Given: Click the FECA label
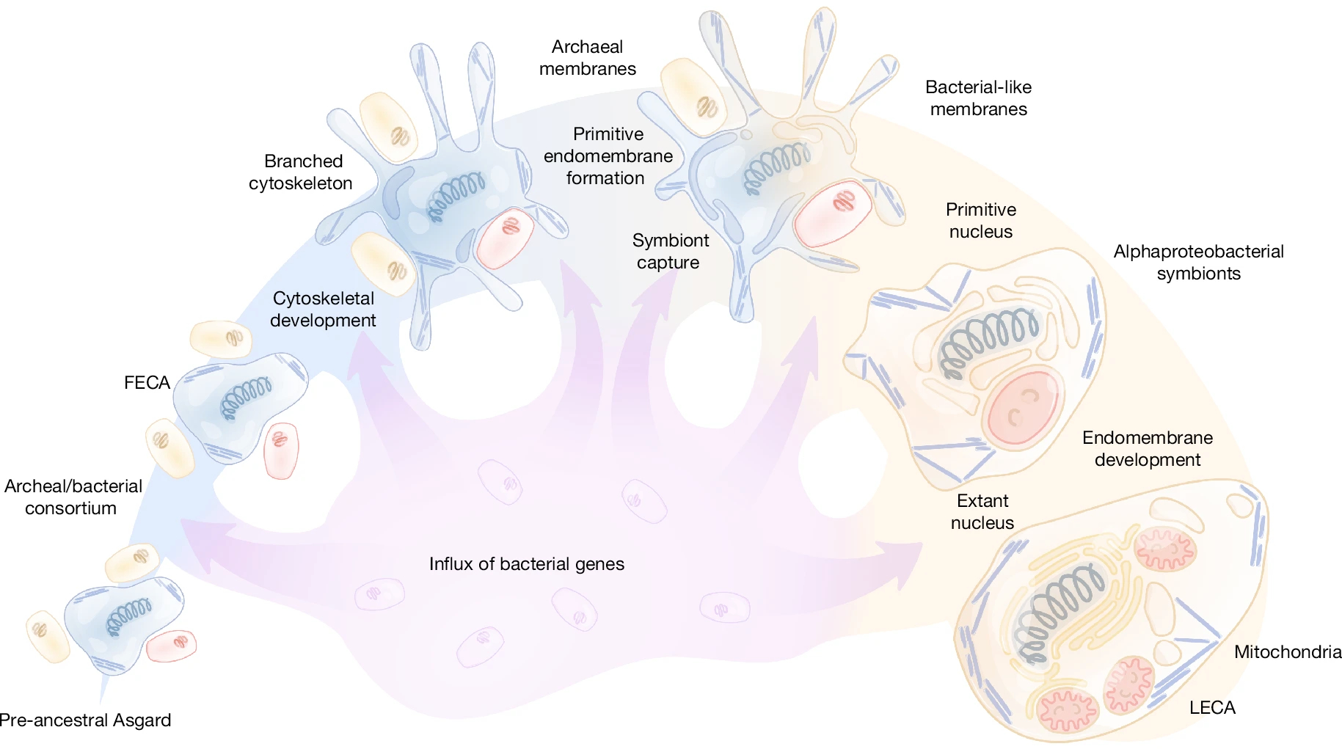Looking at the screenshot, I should (147, 383).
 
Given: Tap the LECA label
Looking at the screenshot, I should (1212, 708).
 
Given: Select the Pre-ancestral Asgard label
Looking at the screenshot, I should (86, 720).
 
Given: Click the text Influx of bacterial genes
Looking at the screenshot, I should (526, 564).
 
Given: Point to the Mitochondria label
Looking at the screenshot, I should (1287, 652).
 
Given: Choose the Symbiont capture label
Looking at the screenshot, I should (670, 252).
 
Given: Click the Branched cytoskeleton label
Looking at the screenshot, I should (301, 172).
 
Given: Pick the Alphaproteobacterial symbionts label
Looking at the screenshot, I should (1198, 263).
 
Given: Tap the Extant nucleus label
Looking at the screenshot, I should (982, 512).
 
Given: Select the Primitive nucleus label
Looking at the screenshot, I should (980, 221).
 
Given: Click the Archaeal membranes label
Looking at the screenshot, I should (587, 58).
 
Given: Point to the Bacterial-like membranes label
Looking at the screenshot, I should (978, 98).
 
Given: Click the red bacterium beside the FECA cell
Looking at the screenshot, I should (281, 450).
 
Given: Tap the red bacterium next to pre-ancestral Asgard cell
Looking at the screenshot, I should (172, 646).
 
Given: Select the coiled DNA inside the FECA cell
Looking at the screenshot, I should (247, 398).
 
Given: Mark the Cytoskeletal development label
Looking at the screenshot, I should (323, 310).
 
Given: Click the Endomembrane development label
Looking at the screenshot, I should (1147, 449).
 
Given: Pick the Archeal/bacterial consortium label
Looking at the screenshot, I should (73, 497).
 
